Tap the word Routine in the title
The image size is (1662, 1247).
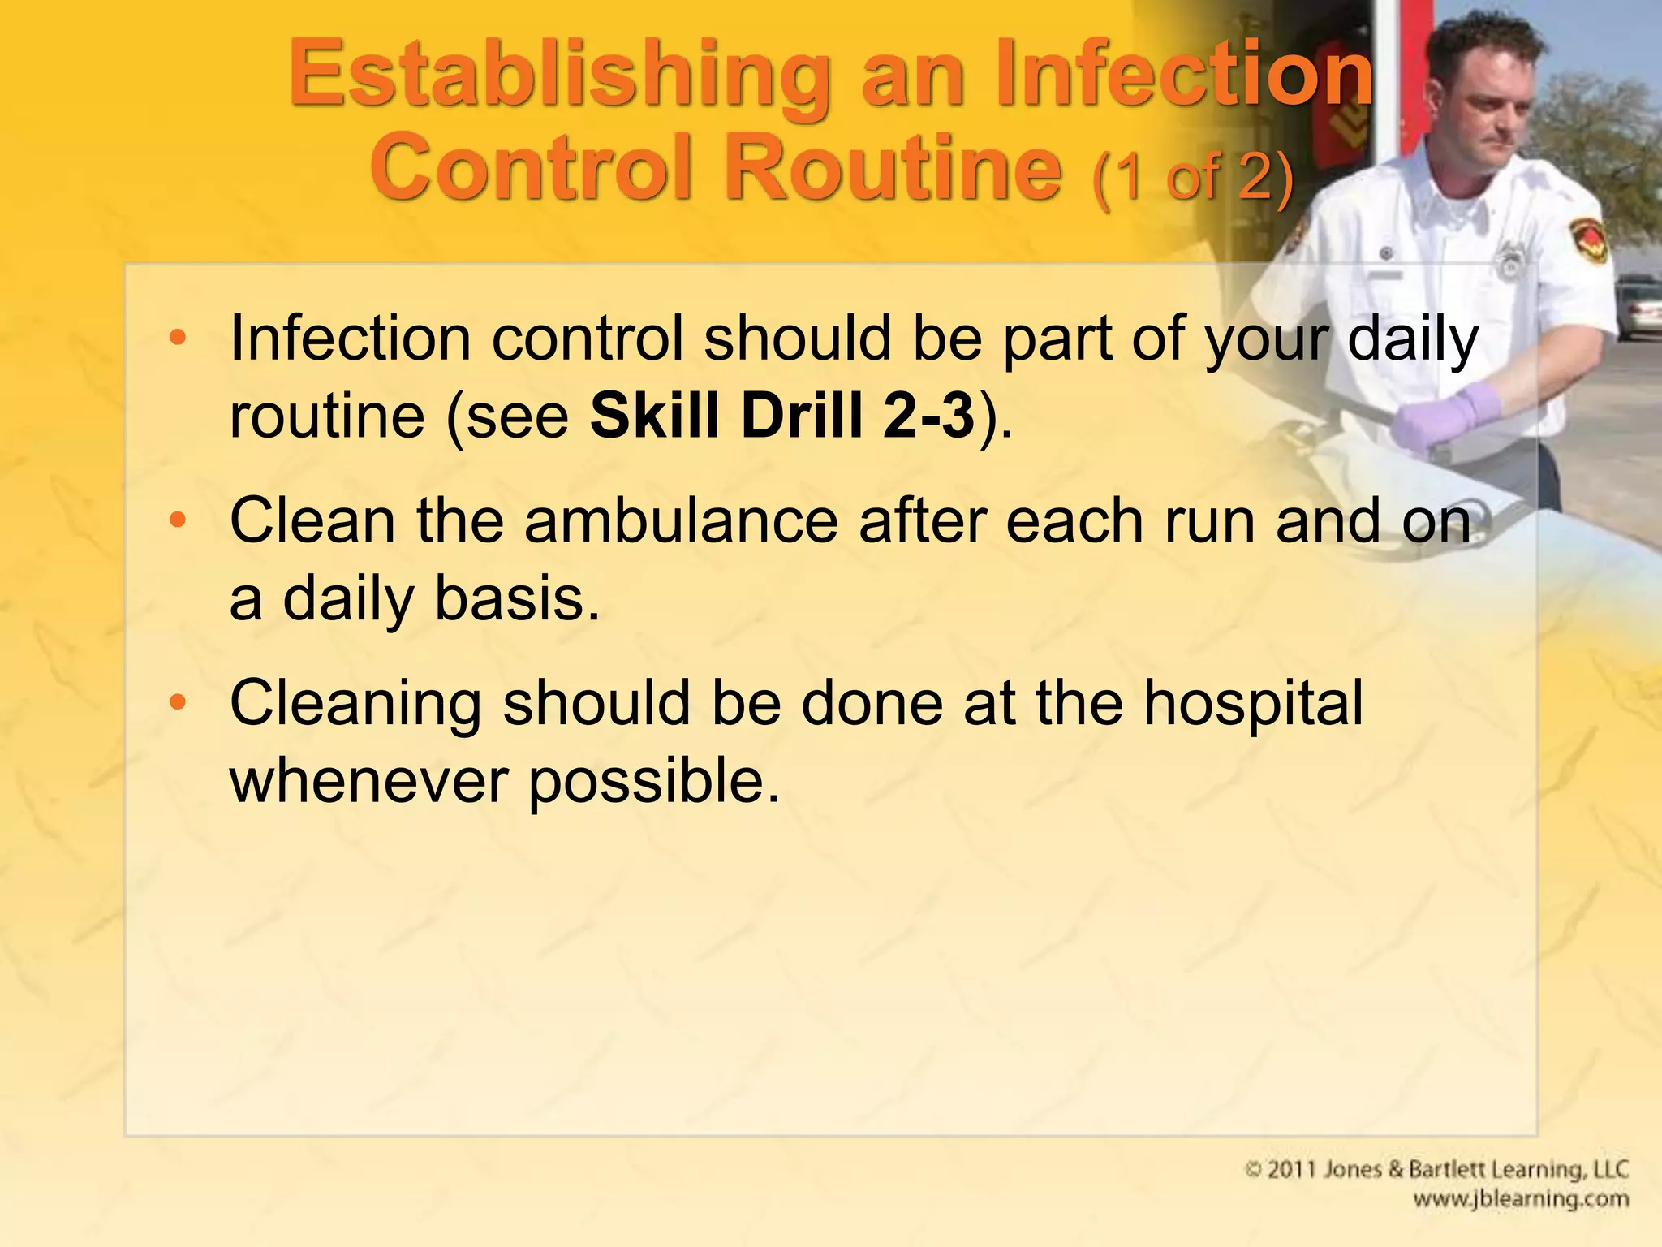pos(893,169)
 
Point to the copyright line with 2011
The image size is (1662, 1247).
pos(1436,1170)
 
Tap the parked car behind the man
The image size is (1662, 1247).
pos(1639,309)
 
